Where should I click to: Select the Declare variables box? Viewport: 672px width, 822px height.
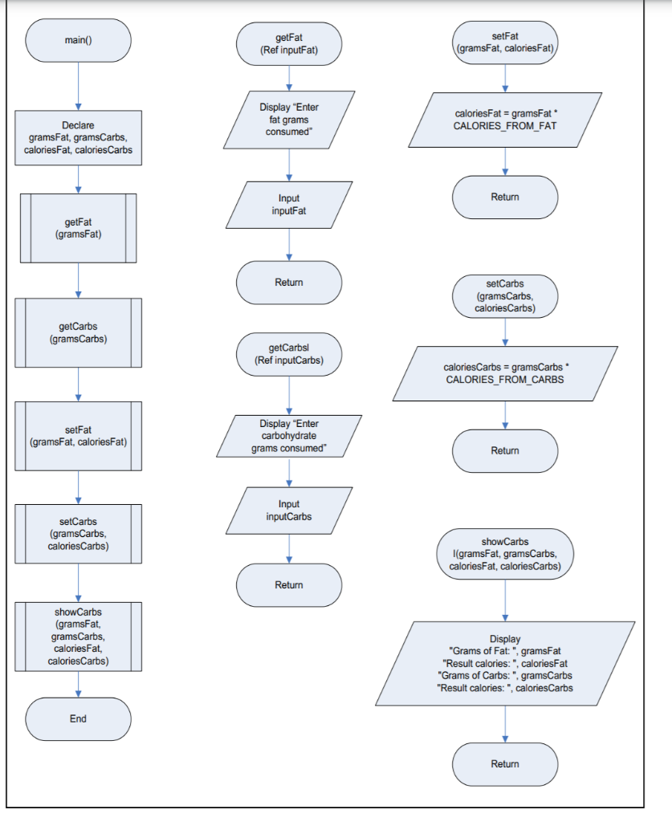(x=78, y=137)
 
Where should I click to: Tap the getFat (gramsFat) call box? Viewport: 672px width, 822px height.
(x=78, y=228)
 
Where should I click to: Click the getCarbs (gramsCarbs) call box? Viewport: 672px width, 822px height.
(x=78, y=333)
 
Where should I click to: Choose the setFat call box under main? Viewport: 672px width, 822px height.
(x=78, y=436)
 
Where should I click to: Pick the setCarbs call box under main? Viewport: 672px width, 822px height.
(x=78, y=533)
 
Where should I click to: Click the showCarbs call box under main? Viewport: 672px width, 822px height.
(x=78, y=637)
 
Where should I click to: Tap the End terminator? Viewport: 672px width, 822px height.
(x=78, y=718)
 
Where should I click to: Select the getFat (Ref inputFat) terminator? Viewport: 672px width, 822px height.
(x=289, y=43)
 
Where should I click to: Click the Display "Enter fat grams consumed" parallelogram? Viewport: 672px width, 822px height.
(x=289, y=119)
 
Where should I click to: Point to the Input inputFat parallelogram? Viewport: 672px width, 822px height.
(x=289, y=205)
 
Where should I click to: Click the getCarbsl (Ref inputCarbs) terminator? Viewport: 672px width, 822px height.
(x=289, y=354)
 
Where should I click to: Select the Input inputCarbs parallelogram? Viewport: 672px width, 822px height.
(x=289, y=511)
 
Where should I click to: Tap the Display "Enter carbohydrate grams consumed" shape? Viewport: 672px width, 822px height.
(x=289, y=436)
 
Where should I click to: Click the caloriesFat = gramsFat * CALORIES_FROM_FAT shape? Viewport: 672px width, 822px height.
(x=505, y=120)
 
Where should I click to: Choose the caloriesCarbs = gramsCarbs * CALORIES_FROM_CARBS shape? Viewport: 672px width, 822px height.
(x=505, y=373)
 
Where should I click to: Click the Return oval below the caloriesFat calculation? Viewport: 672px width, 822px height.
(x=505, y=197)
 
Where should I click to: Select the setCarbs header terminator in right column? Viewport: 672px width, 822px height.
(x=505, y=296)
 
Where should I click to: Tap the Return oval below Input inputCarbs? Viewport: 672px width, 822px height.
(x=289, y=584)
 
